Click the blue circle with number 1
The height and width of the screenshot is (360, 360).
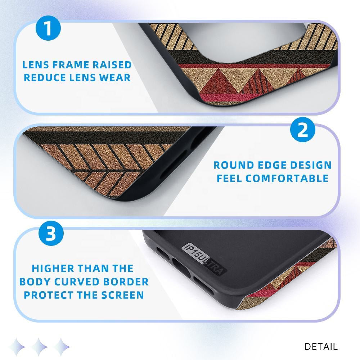pos(48,28)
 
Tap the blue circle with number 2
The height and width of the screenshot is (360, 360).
pos(303,130)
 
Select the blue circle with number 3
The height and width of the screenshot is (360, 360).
pos(51,233)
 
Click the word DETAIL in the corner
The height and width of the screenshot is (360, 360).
pos(321,347)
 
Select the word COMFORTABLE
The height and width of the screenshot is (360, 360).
pos(287,179)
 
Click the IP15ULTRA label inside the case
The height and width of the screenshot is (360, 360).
pos(204,259)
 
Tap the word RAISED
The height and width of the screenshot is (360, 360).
pos(112,65)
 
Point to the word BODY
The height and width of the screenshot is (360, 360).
pos(35,282)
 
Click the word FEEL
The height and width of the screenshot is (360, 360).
pos(230,179)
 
